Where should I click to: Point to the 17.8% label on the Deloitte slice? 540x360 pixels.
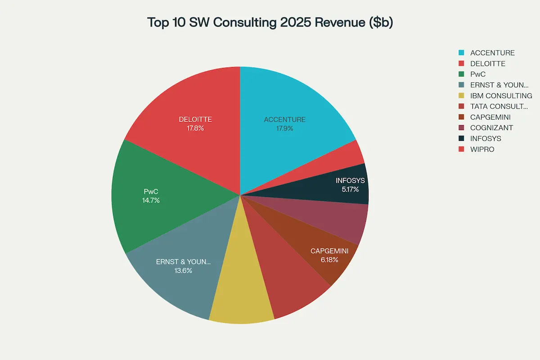(x=195, y=128)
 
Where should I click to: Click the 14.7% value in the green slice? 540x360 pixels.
(x=151, y=200)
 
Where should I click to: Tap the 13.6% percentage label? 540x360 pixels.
(x=183, y=270)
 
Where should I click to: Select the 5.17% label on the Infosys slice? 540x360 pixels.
(x=350, y=189)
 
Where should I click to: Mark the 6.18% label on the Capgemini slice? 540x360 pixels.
(x=329, y=260)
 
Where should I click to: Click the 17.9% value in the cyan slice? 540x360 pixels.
(x=284, y=128)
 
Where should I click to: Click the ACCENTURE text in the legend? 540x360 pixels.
(x=492, y=53)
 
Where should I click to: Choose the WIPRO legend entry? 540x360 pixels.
(x=482, y=149)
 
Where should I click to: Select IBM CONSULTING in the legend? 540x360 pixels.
(x=501, y=96)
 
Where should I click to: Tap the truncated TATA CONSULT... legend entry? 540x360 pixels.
(x=499, y=107)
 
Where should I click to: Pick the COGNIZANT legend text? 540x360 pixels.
(x=491, y=128)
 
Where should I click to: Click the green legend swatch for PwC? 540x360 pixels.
(x=461, y=74)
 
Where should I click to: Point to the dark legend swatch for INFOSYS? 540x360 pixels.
(x=461, y=139)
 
